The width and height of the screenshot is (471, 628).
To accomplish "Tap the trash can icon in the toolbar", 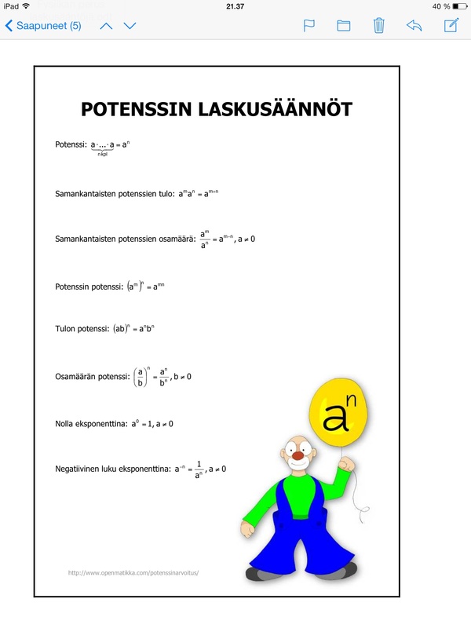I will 378,26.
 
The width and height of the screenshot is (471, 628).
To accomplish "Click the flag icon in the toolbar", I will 309,26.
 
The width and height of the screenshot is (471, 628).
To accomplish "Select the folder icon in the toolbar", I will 343,26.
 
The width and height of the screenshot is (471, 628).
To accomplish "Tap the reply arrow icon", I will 414,26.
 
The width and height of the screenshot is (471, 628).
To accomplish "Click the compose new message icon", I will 451,25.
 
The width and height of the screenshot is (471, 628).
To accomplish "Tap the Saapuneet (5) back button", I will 43,26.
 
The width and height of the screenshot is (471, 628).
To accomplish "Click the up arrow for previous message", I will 107,26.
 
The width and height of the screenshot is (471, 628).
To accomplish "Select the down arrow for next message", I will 130,26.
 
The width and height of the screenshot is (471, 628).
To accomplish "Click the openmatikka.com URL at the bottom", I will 133,572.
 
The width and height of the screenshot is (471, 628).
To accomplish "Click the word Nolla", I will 66,424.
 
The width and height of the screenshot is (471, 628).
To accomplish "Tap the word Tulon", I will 66,330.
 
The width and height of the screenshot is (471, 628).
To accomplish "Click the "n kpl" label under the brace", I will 102,155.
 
